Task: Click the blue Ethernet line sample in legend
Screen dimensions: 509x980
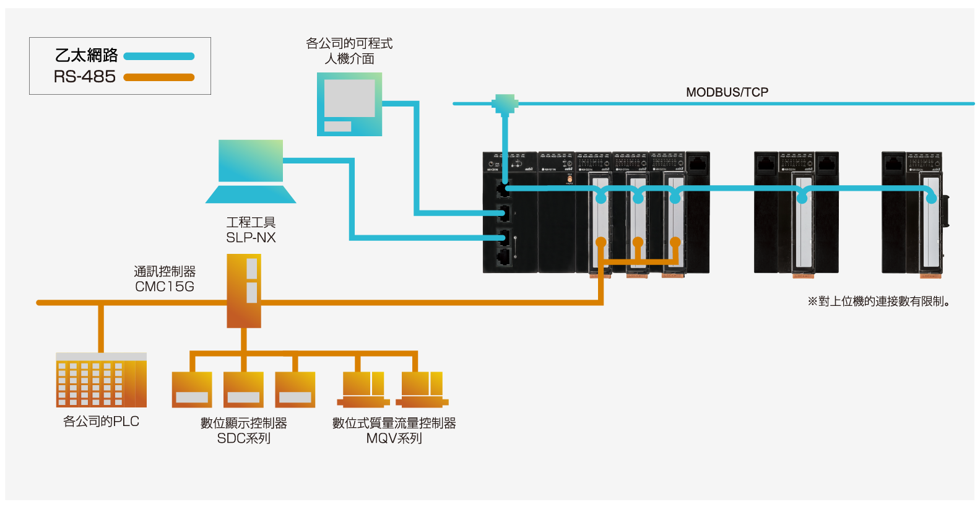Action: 159,56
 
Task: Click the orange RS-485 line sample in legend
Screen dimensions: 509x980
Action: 159,77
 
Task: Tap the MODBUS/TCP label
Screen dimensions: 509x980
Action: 727,92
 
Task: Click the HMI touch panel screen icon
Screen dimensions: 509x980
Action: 349,104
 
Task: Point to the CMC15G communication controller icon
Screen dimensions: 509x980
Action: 244,291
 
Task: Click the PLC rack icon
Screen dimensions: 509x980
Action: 101,380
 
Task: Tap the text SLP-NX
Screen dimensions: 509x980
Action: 251,238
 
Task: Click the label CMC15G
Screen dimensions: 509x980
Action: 165,287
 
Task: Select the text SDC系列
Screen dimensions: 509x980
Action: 244,438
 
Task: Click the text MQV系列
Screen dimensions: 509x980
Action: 394,438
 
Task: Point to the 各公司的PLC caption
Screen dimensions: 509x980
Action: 101,422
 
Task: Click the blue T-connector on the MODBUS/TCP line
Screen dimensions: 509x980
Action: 505,103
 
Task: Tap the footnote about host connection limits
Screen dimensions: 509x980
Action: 878,302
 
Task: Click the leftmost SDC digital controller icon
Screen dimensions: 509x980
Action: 192,389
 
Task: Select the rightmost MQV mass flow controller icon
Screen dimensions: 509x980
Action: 422,389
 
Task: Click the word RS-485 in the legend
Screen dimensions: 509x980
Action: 85,77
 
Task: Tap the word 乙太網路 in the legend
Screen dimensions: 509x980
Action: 87,56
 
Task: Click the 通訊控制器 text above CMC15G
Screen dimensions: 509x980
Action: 165,272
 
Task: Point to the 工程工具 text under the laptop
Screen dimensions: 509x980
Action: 251,222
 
